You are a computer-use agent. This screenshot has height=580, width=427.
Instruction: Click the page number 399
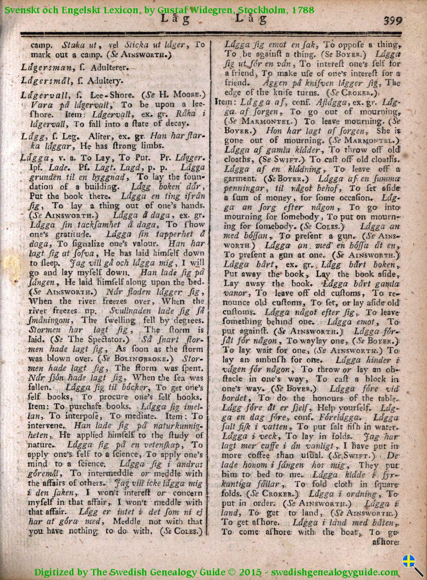pos(393,21)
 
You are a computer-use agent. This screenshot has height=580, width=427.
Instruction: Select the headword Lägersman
pos(43,67)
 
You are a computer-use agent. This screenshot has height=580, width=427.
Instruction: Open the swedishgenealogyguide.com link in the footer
pos(334,572)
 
